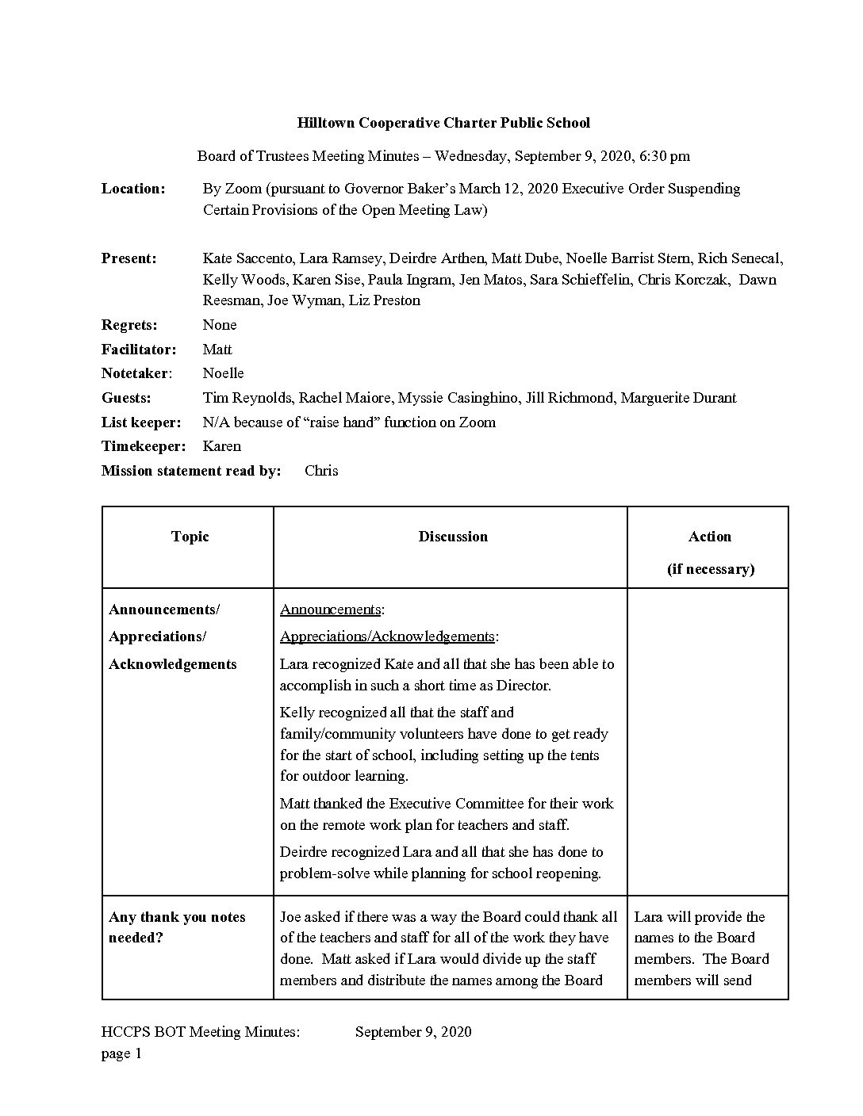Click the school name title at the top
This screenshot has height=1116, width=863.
coord(443,123)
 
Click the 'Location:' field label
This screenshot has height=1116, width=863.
coord(133,189)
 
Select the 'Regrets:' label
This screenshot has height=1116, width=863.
coord(129,325)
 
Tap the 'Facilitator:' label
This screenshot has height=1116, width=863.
coord(139,350)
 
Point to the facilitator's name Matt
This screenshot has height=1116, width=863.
coord(217,350)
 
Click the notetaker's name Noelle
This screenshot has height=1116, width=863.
coord(223,373)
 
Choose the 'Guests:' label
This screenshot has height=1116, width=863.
coord(126,398)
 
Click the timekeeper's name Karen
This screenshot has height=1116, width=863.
coord(221,446)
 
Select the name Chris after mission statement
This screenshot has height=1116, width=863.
coord(321,471)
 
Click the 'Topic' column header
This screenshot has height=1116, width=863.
coord(190,537)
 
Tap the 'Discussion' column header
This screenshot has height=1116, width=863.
coord(453,537)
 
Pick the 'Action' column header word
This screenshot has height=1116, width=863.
coord(709,537)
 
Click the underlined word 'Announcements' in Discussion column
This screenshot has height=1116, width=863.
coord(330,610)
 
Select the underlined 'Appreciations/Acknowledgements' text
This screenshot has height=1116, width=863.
coord(387,636)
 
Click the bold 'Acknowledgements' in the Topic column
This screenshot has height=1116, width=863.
coord(173,664)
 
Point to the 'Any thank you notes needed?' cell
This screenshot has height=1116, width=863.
coord(177,927)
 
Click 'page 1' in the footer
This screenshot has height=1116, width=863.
coord(121,1053)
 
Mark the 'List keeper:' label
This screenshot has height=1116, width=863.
coord(141,422)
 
